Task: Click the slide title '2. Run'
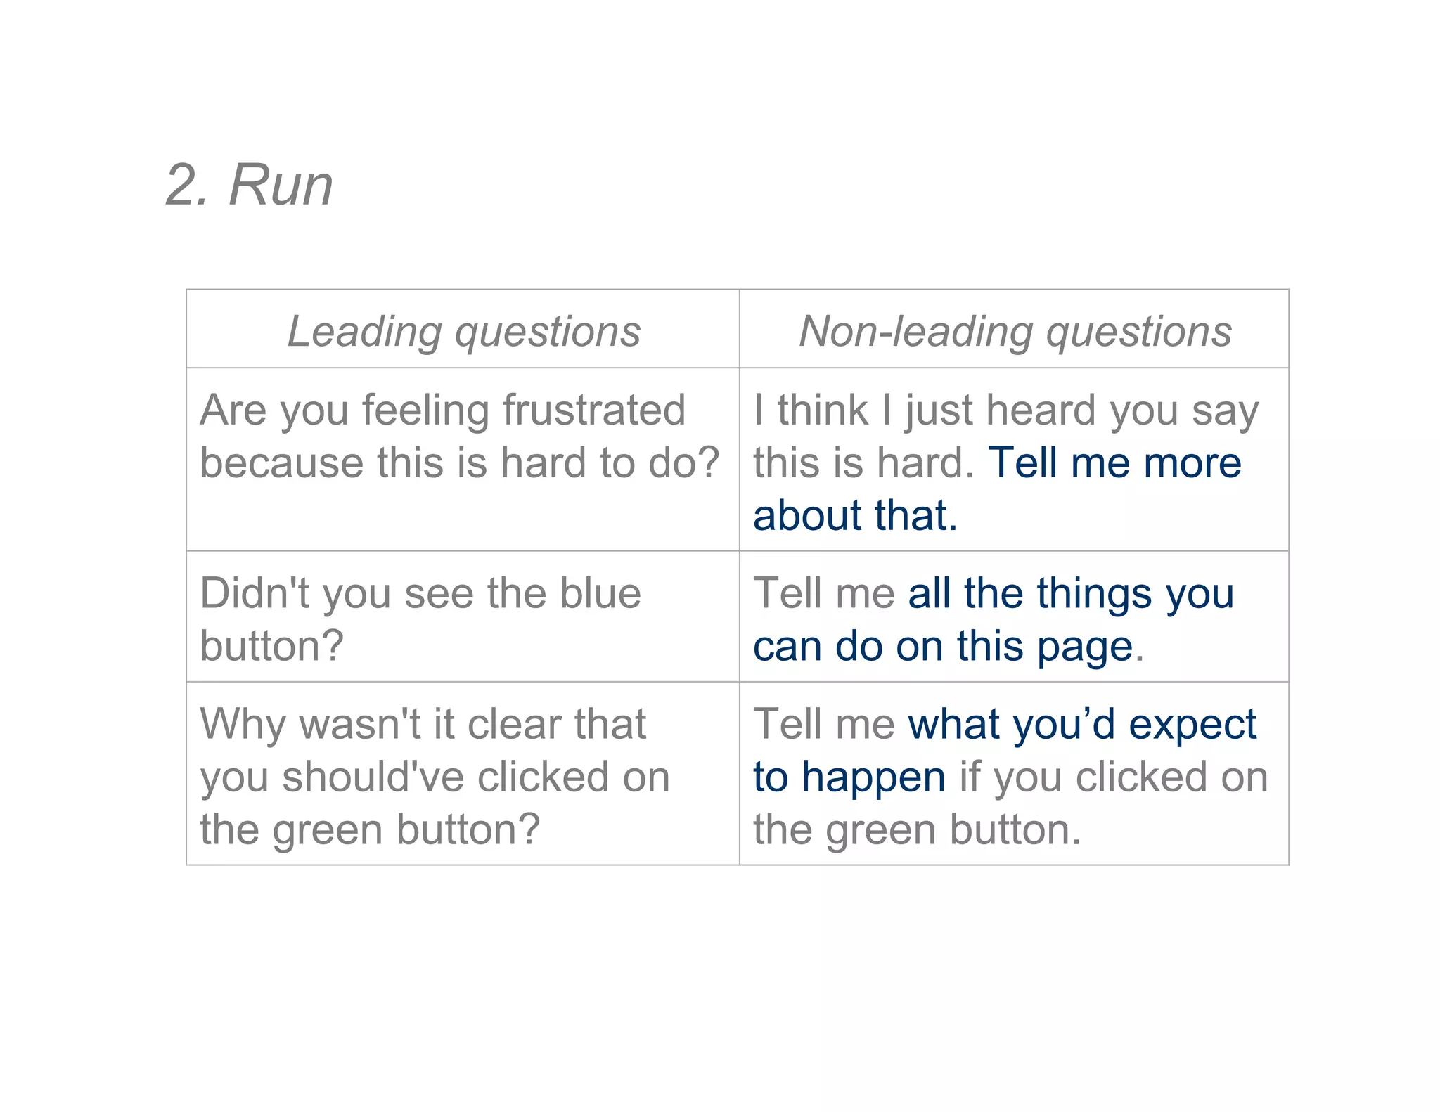coord(249,186)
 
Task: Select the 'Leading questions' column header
coord(464,331)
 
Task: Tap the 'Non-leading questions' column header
coord(1015,331)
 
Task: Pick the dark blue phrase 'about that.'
coord(855,515)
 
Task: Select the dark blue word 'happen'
coord(873,777)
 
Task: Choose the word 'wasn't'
coord(361,724)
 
